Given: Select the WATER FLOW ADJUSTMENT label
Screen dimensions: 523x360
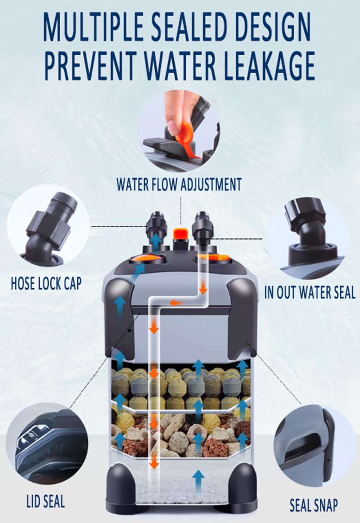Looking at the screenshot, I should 179,184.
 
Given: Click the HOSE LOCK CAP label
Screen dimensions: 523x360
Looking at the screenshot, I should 46,283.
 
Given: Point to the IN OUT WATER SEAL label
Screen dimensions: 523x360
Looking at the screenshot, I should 309,293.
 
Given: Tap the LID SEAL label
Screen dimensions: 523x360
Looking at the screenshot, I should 46,501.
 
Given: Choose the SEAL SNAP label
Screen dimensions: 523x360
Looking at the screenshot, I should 314,505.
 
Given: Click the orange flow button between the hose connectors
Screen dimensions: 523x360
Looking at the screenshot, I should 180,234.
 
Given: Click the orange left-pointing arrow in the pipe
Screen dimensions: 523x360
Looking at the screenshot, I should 176,302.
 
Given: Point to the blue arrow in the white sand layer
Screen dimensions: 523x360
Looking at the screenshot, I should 199,480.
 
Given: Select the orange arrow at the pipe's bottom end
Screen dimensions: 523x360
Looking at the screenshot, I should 153,463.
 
